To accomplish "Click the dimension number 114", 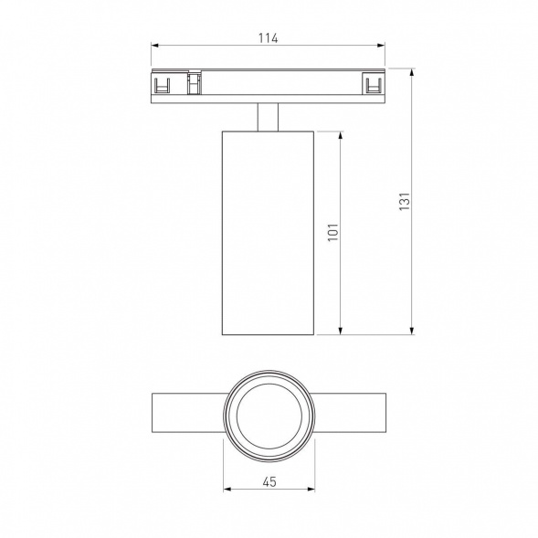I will pyautogui.click(x=267, y=37).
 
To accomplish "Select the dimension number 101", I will pyautogui.click(x=333, y=232).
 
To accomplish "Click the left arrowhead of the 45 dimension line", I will pyautogui.click(x=227, y=490).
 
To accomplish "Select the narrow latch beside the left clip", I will pyautogui.click(x=194, y=85).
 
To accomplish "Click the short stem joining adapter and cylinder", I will pyautogui.click(x=268, y=118).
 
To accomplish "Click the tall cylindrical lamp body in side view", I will pyautogui.click(x=268, y=232).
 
